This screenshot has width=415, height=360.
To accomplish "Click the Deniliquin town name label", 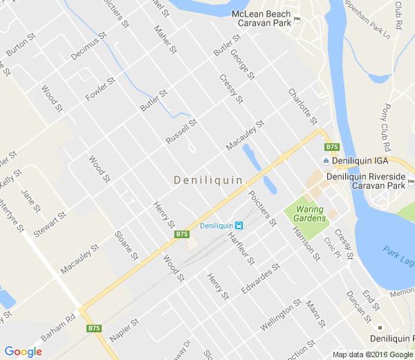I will click(x=208, y=180).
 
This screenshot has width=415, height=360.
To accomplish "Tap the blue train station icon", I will click(x=239, y=226).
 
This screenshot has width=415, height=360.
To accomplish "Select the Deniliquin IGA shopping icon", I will click(x=326, y=161).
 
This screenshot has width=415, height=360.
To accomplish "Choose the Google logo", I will click(x=22, y=352).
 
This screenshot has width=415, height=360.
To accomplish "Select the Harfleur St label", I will click(x=241, y=249).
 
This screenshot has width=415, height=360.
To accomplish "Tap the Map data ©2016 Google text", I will click(x=372, y=354).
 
